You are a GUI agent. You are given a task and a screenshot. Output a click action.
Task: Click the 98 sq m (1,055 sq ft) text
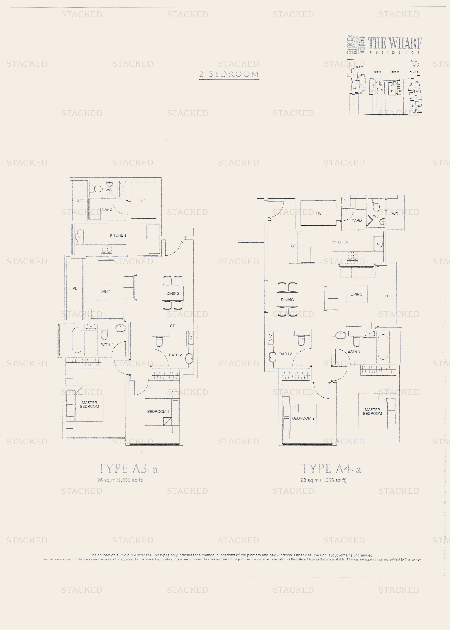[323, 480]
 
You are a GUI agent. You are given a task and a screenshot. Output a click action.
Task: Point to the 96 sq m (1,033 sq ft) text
[120, 480]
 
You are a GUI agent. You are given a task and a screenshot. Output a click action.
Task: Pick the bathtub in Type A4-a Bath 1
[383, 347]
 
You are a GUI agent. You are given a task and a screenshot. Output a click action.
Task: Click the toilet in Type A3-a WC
[97, 189]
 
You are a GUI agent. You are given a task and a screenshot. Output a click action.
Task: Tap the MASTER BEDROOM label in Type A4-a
[372, 411]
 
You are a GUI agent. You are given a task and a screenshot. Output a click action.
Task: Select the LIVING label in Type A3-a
[105, 292]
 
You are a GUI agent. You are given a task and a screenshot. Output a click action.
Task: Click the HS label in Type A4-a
[319, 213]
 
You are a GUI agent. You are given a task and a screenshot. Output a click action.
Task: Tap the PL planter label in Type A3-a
[75, 289]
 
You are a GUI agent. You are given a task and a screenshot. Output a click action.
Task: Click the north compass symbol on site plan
[416, 64]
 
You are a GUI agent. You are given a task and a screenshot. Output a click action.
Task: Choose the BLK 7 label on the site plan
[359, 67]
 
